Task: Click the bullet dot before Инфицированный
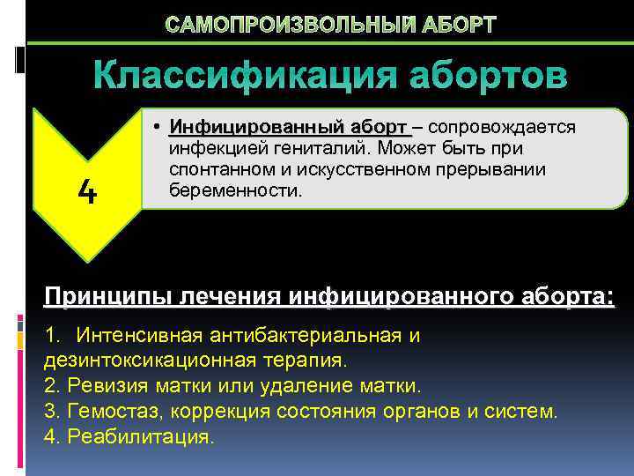tap(155, 128)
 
